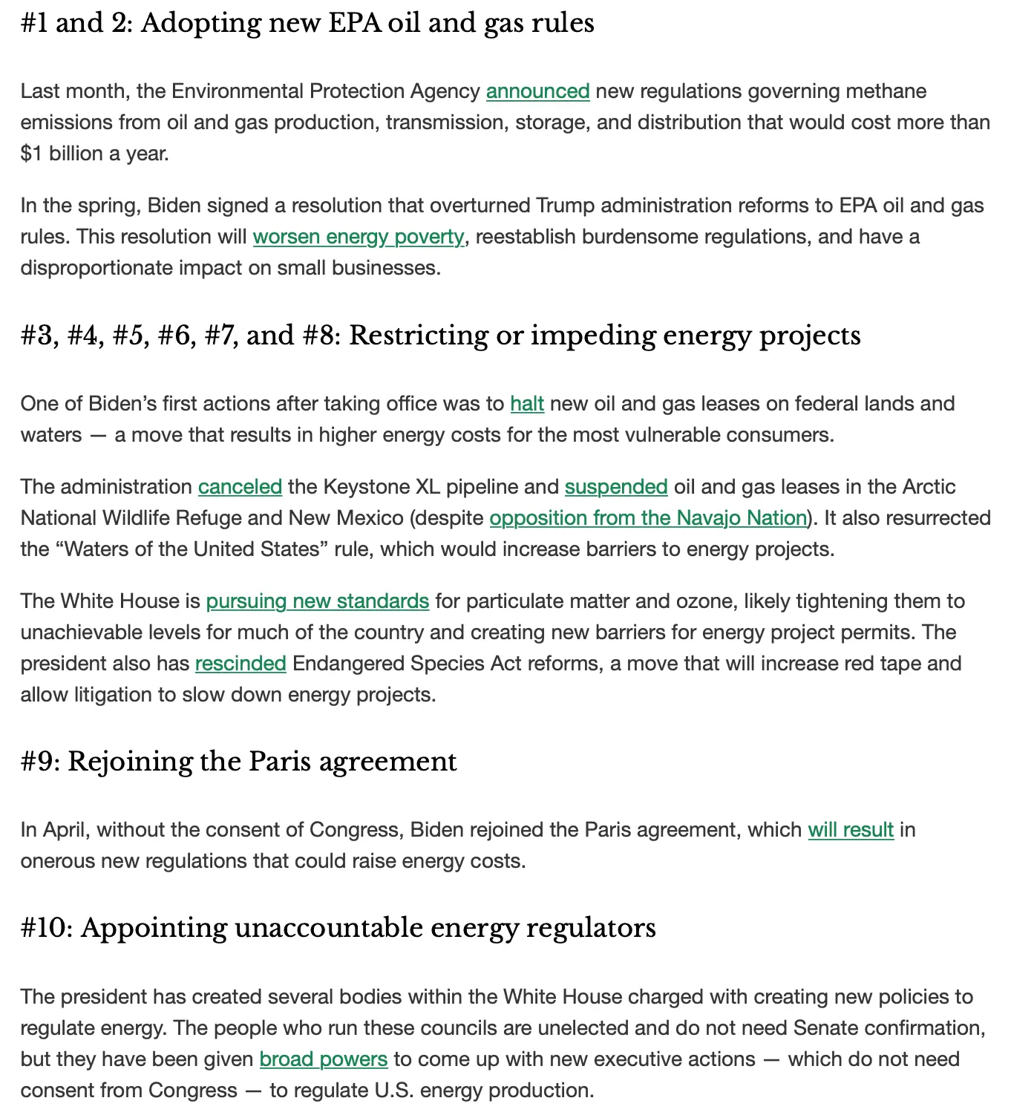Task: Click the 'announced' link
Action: coord(537,91)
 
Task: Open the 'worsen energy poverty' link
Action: coord(358,237)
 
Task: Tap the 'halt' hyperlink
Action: coord(527,404)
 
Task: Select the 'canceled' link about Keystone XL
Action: coord(240,487)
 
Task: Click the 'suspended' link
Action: coord(616,487)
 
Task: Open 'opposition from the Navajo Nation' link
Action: coord(648,518)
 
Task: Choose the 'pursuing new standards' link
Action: coord(317,601)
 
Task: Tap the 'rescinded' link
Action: coord(241,664)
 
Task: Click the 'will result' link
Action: coord(851,830)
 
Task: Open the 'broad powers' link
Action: coord(323,1059)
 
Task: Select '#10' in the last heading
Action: coord(46,929)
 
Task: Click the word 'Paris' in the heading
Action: coord(279,762)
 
